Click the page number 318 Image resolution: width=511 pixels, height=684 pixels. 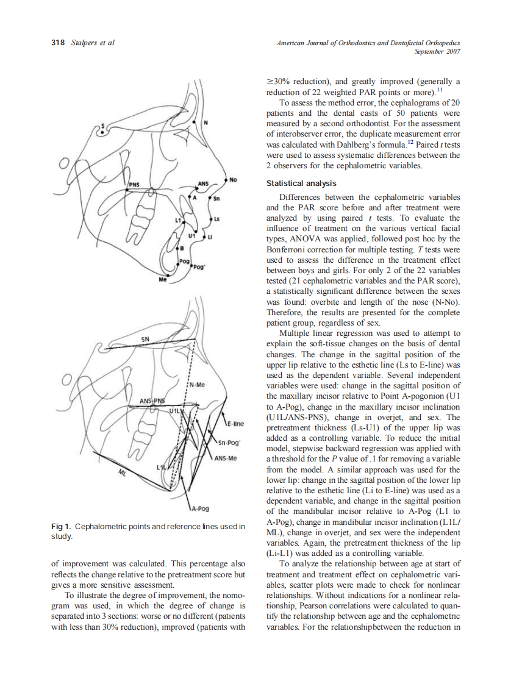click(x=58, y=43)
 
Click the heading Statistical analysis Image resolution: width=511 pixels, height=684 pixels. click(x=301, y=183)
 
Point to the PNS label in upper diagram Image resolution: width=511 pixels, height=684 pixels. click(x=135, y=183)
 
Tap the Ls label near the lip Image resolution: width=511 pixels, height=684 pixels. click(x=216, y=218)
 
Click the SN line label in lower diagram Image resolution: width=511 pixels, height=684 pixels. click(x=145, y=338)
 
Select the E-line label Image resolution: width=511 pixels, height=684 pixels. click(x=235, y=423)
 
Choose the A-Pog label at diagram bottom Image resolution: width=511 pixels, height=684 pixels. click(x=200, y=508)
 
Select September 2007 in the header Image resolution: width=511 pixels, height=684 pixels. click(x=437, y=52)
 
